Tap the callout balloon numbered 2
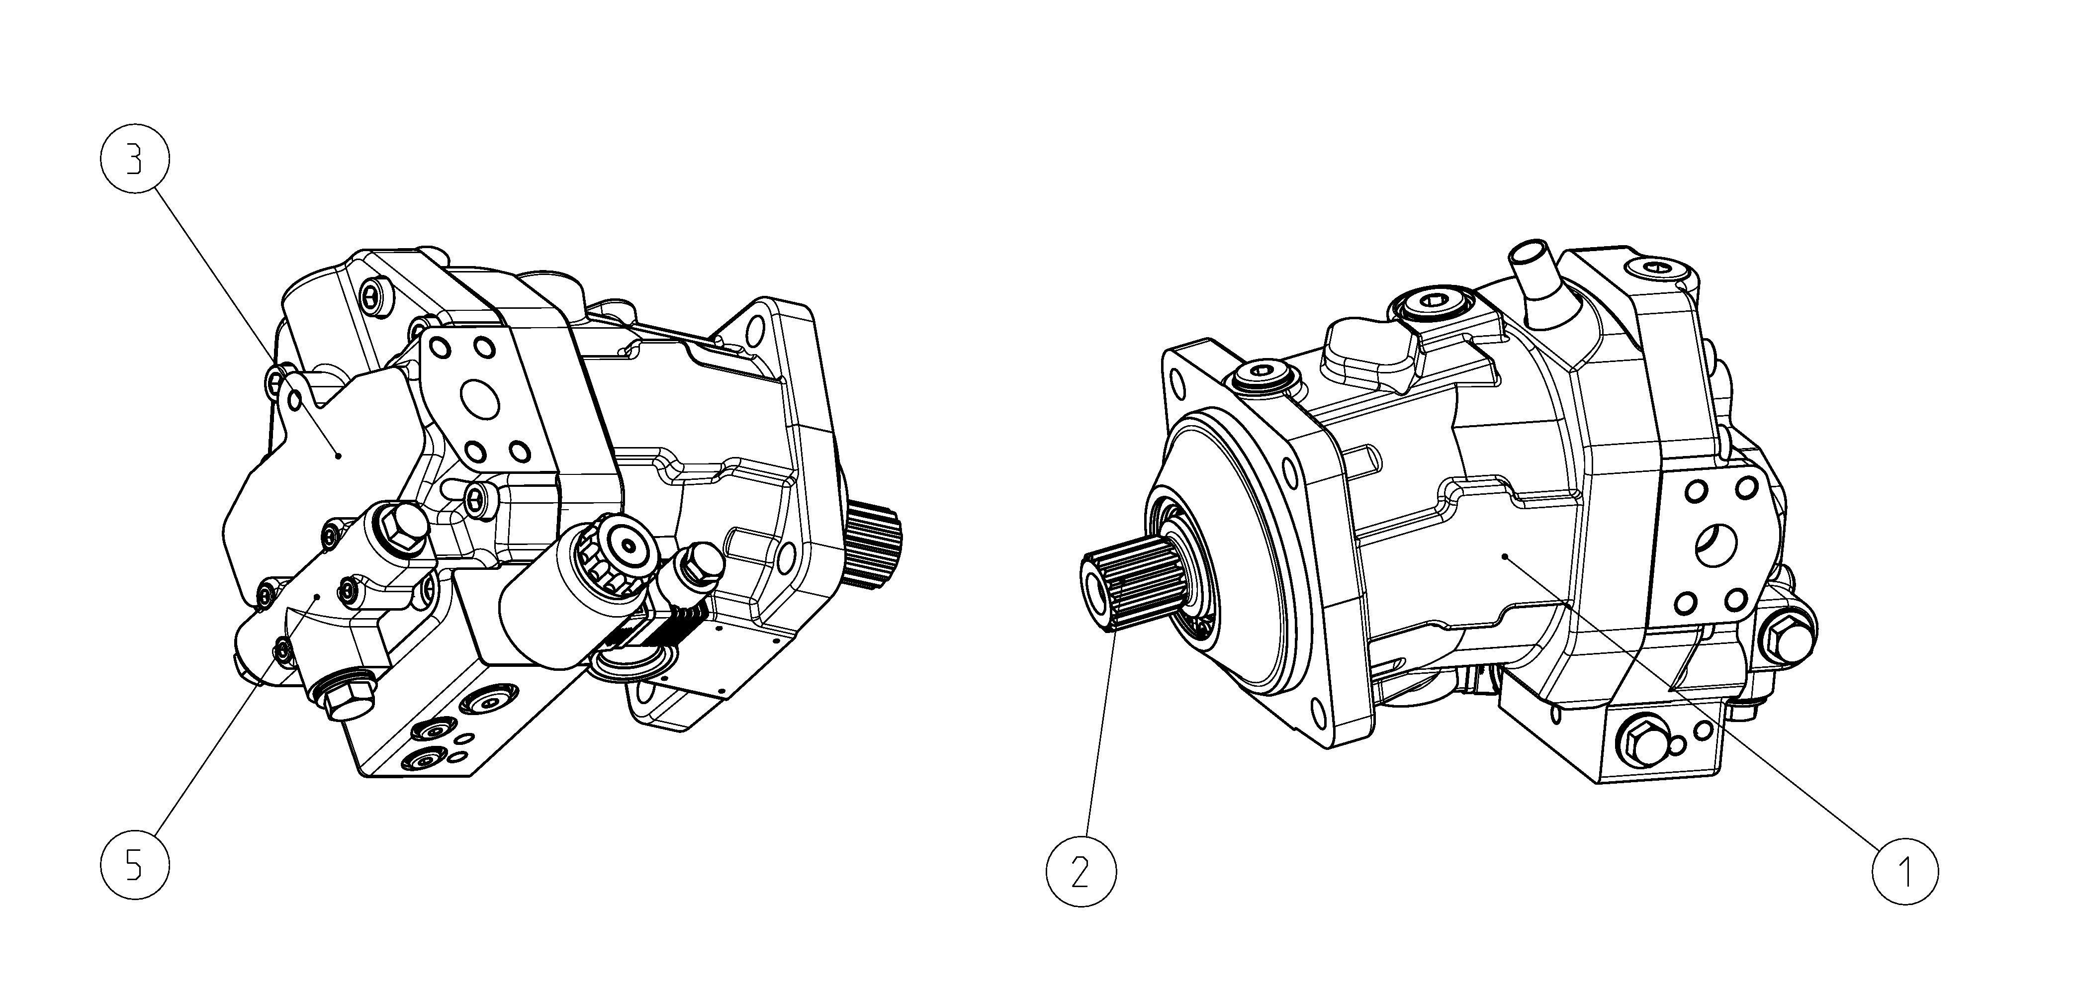(x=1081, y=871)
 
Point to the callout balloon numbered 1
(x=1905, y=871)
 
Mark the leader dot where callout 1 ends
(x=1505, y=555)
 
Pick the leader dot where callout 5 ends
(x=319, y=597)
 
